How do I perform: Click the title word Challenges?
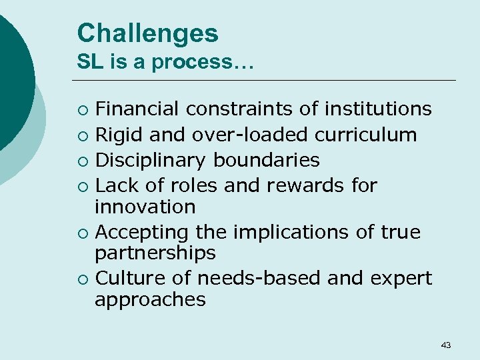pos(147,33)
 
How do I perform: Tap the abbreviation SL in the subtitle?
pos(89,62)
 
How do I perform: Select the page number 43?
pos(446,345)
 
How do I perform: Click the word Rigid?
pos(119,135)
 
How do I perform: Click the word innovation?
pos(145,207)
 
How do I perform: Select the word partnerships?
pos(155,253)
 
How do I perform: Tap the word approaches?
pos(150,299)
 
